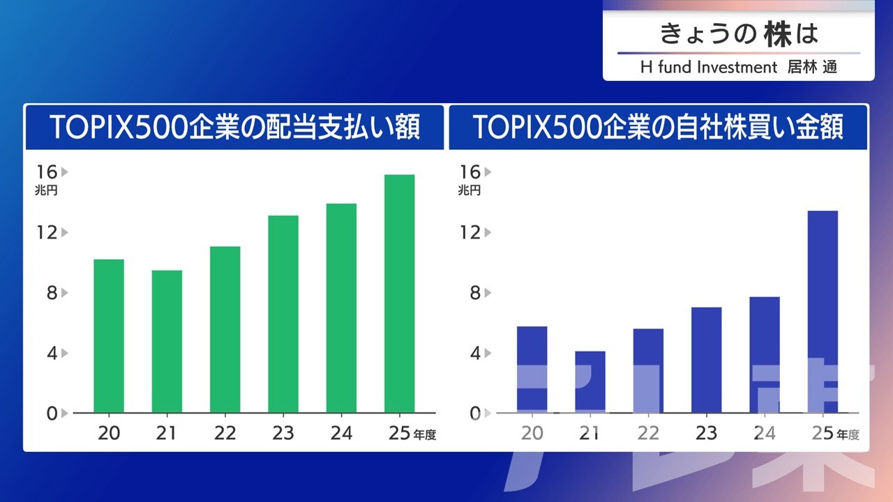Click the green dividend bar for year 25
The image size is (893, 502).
[x=399, y=294]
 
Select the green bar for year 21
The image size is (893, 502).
[x=167, y=342]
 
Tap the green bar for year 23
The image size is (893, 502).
[x=283, y=314]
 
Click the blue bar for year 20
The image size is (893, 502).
[x=532, y=370]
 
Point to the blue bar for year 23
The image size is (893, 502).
[x=706, y=360]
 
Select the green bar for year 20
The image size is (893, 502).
[x=109, y=336]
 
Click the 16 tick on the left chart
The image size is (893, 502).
[x=47, y=172]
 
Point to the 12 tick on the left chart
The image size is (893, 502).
[x=47, y=232]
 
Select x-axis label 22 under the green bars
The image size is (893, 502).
[x=225, y=434]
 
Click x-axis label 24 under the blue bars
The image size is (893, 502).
[x=764, y=434]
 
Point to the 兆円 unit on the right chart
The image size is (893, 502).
[x=470, y=190]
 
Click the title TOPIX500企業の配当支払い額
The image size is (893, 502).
[x=235, y=128]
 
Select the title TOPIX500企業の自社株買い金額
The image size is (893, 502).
[x=658, y=128]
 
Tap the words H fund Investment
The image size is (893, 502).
[x=708, y=68]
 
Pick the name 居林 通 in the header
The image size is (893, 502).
[x=812, y=68]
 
